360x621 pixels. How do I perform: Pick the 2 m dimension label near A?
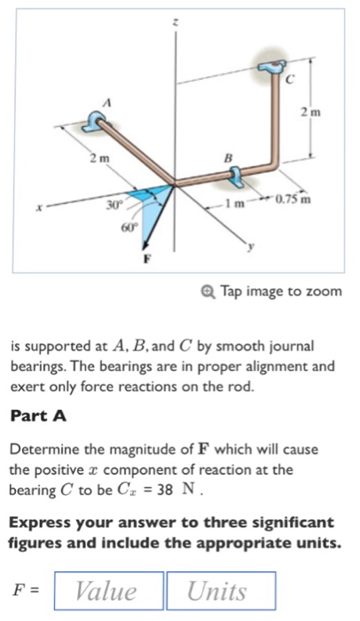[x=97, y=158]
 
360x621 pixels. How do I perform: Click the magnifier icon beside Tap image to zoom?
[x=207, y=291]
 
